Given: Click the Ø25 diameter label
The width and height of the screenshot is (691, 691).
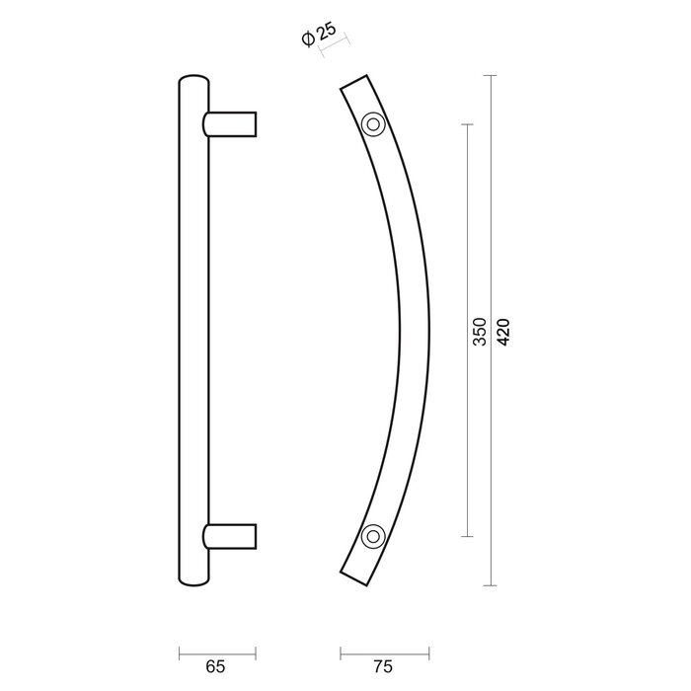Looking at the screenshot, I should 323,37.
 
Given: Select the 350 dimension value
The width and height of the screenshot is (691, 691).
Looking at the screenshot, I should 479,332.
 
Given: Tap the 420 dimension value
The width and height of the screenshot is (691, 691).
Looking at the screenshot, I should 503,332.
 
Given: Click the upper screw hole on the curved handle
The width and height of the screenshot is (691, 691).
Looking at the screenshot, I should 372,124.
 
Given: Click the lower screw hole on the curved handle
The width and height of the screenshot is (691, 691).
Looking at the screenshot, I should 372,536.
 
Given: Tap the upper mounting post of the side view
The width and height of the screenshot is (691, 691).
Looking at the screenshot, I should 233,124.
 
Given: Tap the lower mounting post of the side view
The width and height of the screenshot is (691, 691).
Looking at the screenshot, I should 233,536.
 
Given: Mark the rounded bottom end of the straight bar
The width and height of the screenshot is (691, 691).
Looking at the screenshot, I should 193,582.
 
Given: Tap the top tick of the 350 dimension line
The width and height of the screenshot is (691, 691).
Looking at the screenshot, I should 467,124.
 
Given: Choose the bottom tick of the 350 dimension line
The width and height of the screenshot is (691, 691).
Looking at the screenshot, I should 467,536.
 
